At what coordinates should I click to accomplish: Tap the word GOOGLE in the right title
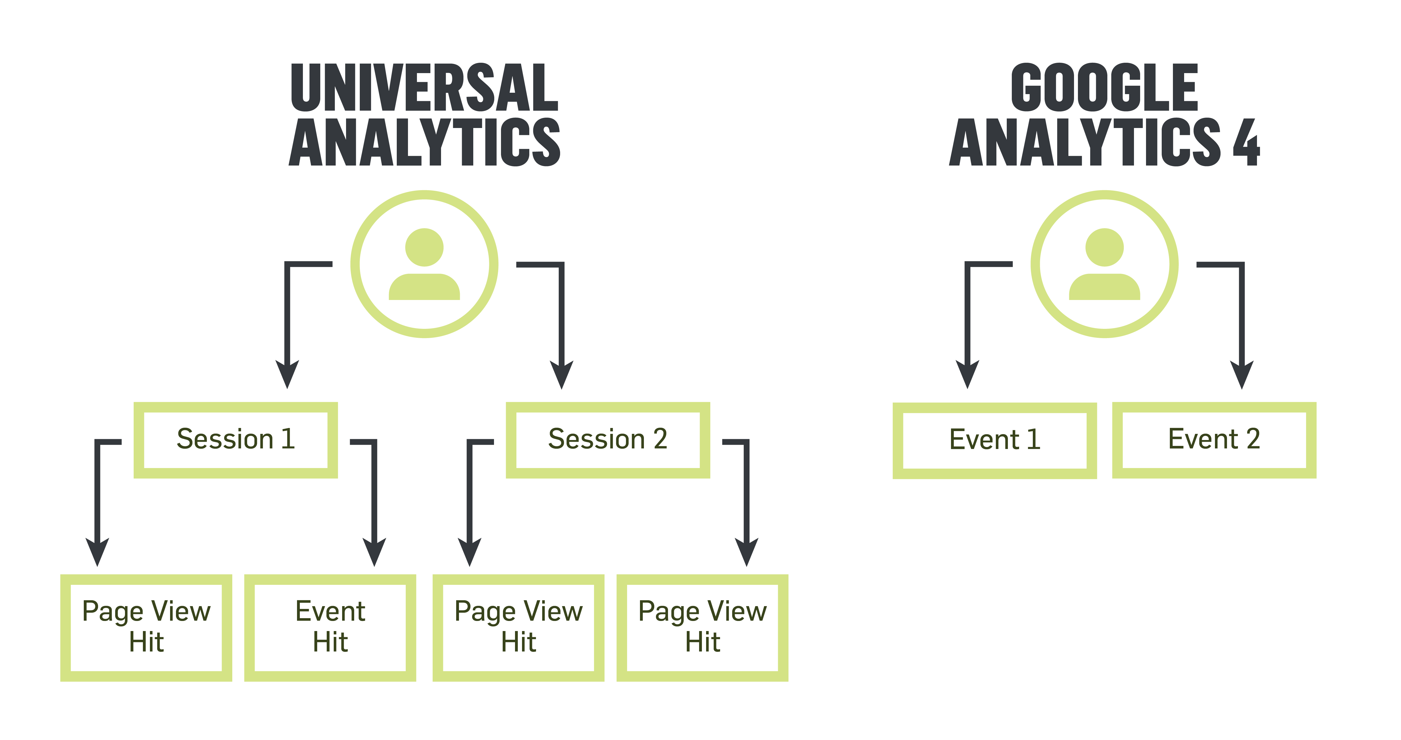[1104, 87]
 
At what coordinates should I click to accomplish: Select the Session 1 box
[235, 440]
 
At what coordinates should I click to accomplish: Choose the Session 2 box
[607, 440]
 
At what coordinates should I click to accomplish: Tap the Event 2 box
[1214, 440]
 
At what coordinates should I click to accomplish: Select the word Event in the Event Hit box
[330, 611]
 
